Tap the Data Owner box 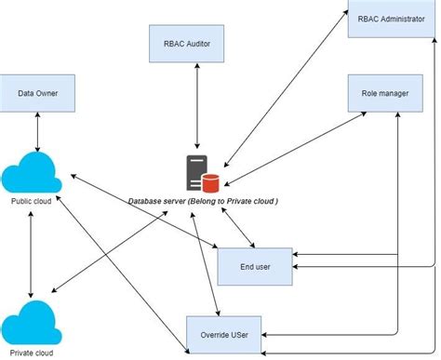tap(36, 94)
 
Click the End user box tap(255, 266)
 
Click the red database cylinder tap(211, 181)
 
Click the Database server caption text tap(203, 201)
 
